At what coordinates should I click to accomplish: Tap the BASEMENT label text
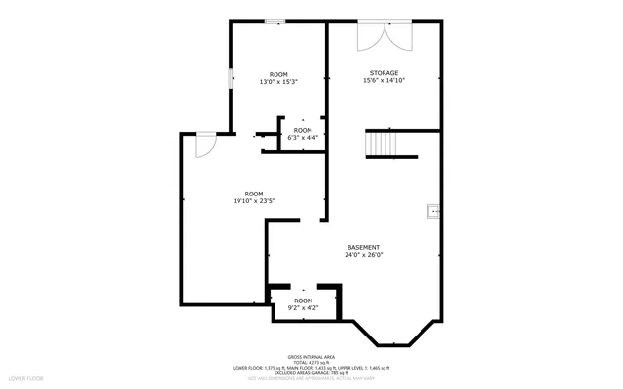click(363, 247)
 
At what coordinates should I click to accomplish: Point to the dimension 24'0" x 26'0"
click(363, 255)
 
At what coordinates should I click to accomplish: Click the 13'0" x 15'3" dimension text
click(277, 82)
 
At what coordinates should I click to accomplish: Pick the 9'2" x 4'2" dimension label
click(303, 308)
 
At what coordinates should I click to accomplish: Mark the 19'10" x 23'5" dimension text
click(254, 201)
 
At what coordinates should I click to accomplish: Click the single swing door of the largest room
click(203, 144)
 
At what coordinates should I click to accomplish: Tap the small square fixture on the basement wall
click(433, 207)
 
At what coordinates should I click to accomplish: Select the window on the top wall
click(275, 21)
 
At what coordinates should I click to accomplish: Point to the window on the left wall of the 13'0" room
click(230, 79)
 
